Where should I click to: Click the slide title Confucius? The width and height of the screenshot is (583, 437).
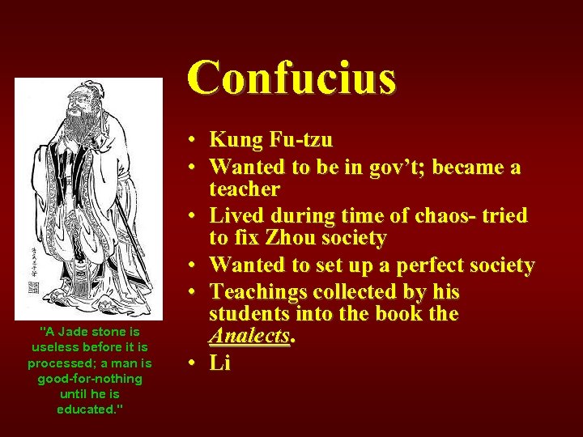[291, 78]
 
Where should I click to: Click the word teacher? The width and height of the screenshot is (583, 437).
[245, 189]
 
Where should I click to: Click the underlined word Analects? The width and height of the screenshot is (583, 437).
[249, 336]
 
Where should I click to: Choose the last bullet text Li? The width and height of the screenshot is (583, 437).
[220, 363]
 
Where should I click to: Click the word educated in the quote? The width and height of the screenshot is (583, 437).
[86, 409]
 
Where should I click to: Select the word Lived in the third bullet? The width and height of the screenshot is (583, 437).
[236, 216]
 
